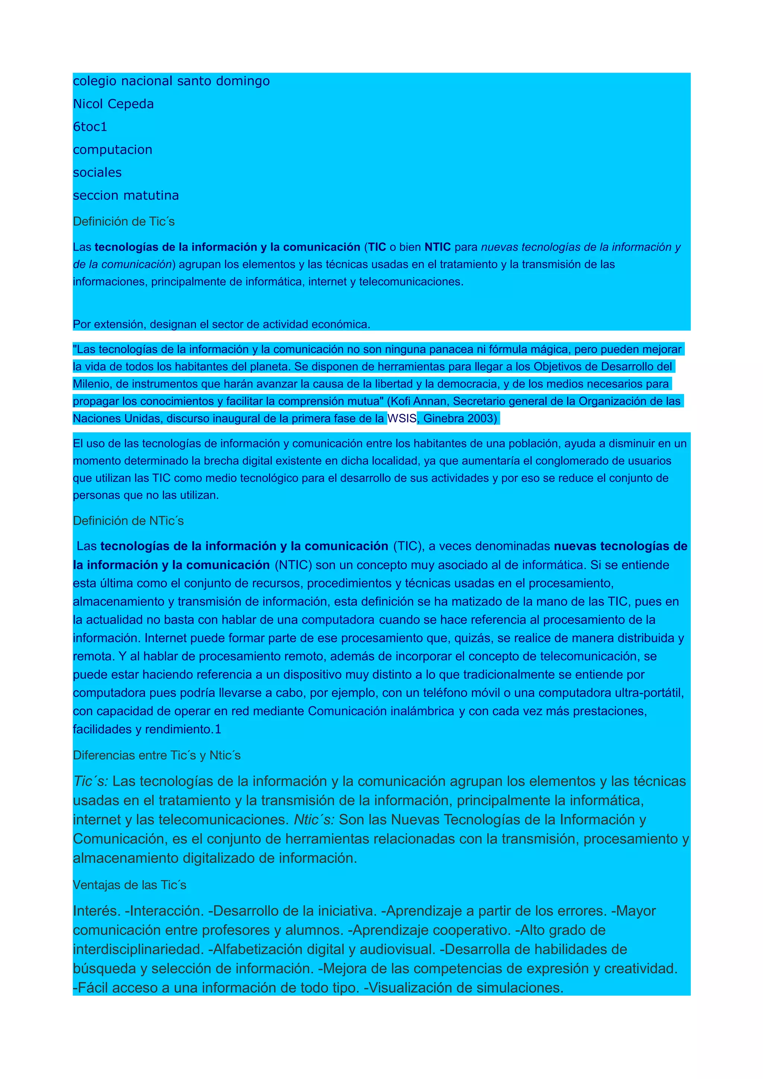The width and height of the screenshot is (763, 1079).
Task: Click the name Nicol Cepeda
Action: tap(113, 104)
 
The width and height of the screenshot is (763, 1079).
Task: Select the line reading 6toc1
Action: tap(90, 127)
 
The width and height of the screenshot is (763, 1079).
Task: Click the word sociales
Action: tap(97, 172)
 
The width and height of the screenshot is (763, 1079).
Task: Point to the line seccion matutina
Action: tap(126, 195)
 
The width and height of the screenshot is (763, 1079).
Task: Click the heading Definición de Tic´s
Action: tap(124, 221)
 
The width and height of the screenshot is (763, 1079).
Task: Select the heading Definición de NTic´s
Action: tap(128, 521)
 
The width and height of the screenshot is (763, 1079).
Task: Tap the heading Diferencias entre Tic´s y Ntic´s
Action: tap(156, 755)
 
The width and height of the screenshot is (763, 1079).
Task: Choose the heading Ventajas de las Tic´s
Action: tap(129, 885)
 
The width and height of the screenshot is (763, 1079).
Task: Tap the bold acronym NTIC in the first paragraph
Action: tap(437, 247)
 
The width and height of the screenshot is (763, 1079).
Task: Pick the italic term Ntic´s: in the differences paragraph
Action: tap(314, 819)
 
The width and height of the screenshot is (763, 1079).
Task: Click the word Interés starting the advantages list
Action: tap(96, 911)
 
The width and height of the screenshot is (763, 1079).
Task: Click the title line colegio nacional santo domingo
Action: tap(171, 81)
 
